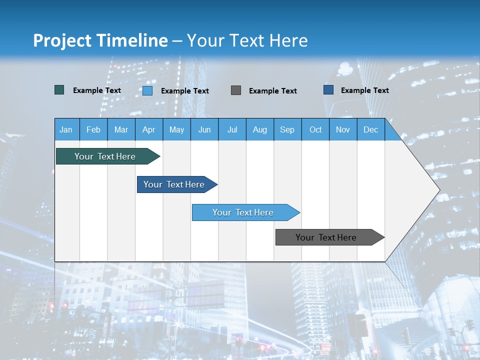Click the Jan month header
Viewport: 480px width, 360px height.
tap(66, 129)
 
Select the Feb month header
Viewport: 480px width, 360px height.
tap(93, 129)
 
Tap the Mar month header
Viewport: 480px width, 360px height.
tap(121, 129)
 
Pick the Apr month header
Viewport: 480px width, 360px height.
tap(149, 129)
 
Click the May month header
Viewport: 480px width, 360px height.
tap(176, 129)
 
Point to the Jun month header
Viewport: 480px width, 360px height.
tap(204, 129)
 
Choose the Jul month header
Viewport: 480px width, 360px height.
tap(232, 129)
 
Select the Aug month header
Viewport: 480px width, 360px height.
tap(260, 129)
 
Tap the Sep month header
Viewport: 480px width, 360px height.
tap(287, 129)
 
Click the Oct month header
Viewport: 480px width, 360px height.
tap(315, 129)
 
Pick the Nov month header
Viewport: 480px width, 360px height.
tap(343, 129)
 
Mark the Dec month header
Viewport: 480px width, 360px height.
tap(371, 129)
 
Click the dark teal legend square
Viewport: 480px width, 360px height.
tap(59, 90)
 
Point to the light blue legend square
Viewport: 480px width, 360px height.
tap(147, 90)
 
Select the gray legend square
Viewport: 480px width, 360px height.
tap(236, 90)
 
